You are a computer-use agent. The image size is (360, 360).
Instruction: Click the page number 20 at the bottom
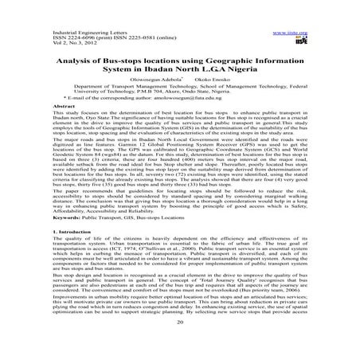tap(180, 346)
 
